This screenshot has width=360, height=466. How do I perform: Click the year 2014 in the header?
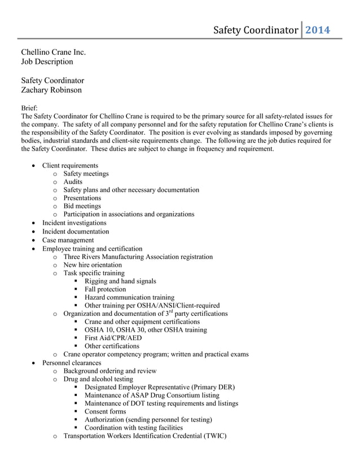click(317, 30)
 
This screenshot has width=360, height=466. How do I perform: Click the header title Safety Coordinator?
click(255, 30)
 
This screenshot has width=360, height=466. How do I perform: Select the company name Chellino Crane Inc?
click(54, 52)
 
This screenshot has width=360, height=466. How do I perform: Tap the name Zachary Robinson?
click(51, 90)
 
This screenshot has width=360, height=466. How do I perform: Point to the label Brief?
click(29, 108)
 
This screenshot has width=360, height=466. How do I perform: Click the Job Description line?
click(47, 61)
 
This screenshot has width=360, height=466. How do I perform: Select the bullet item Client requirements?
click(70, 165)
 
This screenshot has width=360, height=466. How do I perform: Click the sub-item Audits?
click(73, 182)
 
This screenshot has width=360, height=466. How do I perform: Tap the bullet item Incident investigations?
click(74, 223)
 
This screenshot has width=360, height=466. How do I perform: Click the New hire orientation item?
click(93, 265)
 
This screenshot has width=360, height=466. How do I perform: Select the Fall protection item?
click(106, 289)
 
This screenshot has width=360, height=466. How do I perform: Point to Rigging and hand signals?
click(120, 281)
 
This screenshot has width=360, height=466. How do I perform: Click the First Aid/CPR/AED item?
click(113, 338)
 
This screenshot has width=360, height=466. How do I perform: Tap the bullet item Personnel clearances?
click(72, 363)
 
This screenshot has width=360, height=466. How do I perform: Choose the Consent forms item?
click(106, 411)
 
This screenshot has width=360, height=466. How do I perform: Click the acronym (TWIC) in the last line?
click(213, 436)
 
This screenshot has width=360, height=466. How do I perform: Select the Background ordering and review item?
click(110, 371)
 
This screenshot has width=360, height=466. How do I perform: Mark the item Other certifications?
click(112, 346)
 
